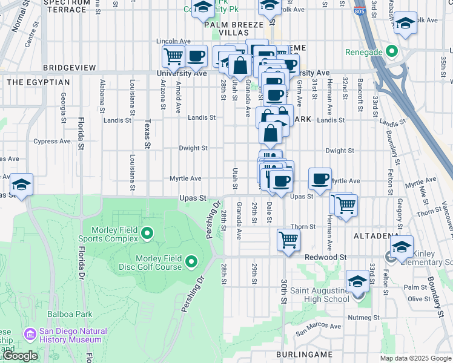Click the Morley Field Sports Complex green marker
[147, 233]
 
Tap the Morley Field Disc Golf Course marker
[192, 262]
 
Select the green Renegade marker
[392, 52]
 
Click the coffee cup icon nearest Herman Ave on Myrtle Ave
[320, 178]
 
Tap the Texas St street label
[146, 131]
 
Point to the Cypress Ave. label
[53, 141]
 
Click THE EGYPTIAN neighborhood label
[30, 82]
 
